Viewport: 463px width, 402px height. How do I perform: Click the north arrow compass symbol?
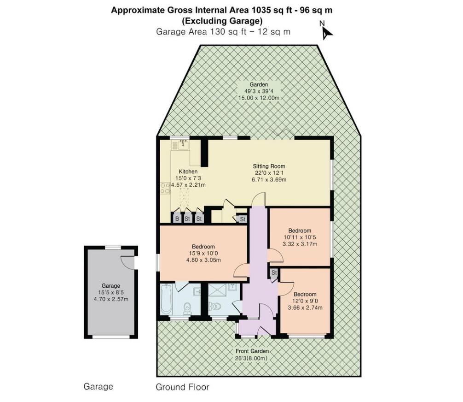(x=326, y=30)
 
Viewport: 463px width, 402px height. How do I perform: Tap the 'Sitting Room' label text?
(x=269, y=166)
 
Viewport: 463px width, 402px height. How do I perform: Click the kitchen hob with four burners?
(x=164, y=187)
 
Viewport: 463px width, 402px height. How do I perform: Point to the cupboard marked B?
(x=177, y=219)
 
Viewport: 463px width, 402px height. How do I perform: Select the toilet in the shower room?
(x=215, y=307)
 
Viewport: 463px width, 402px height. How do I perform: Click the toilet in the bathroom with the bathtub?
(x=186, y=307)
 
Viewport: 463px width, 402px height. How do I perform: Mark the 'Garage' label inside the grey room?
(x=111, y=286)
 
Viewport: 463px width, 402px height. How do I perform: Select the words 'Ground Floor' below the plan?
(x=182, y=387)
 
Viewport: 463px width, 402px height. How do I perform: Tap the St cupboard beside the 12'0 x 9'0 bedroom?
(x=273, y=272)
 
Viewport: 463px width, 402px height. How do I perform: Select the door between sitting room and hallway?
(x=259, y=200)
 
